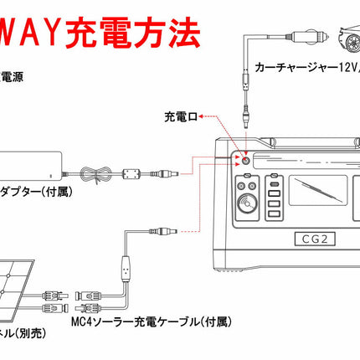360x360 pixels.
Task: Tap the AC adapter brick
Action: pos(25,164)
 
